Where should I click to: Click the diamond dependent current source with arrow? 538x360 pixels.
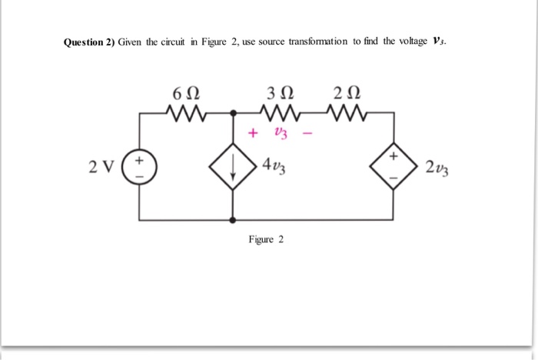233,165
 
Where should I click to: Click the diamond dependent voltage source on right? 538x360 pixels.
394,165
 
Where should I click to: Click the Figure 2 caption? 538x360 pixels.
266,239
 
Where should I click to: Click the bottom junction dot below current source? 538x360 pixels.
233,220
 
